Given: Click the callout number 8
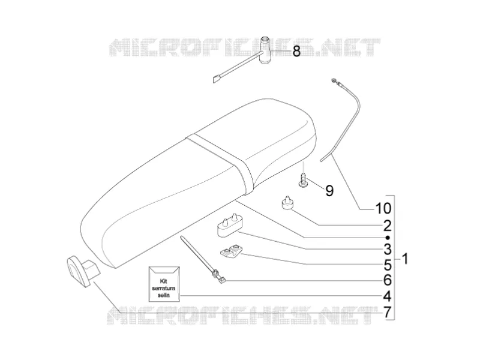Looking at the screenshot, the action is (x=296, y=51).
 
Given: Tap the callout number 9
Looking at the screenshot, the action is (x=329, y=191).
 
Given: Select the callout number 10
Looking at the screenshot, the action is (x=383, y=208).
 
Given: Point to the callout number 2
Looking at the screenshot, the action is (x=387, y=226).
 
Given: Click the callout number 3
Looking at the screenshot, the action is (x=387, y=249).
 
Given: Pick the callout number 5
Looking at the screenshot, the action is (x=387, y=265).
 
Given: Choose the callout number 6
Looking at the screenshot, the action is (x=387, y=280).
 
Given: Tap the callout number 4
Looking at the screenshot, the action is (x=387, y=296).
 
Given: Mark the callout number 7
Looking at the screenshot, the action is (x=387, y=312).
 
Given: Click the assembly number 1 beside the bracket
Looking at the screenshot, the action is (x=404, y=259).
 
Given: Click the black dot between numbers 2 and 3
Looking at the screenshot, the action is (x=388, y=238).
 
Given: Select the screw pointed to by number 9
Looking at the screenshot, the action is (x=303, y=181).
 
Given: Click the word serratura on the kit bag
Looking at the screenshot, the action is (x=163, y=289).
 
